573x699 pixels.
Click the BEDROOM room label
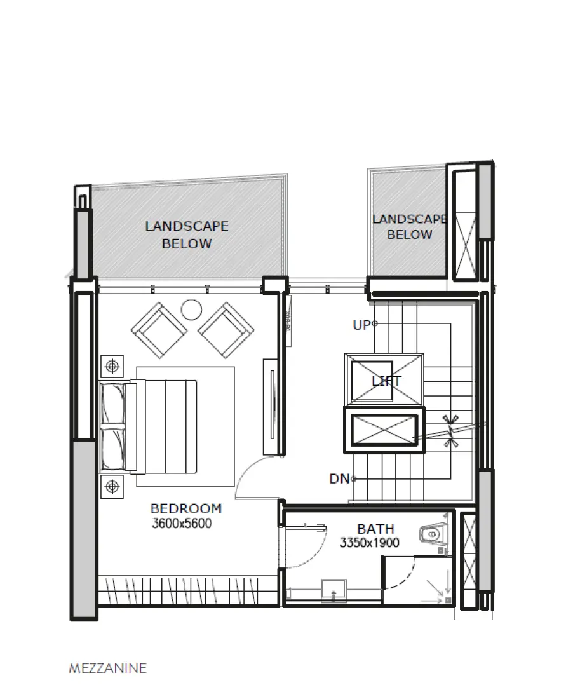[x=185, y=508]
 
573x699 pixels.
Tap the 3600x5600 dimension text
[x=182, y=524]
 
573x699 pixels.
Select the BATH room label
[x=375, y=529]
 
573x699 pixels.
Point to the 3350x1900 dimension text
[x=369, y=543]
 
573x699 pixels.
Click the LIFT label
[x=386, y=381]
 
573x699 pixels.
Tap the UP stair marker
[x=361, y=325]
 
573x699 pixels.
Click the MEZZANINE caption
[x=107, y=668]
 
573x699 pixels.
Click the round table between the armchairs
[x=191, y=309]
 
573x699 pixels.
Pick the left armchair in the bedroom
[x=159, y=330]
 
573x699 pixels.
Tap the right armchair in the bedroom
[x=226, y=330]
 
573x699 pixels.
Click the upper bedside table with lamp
[x=112, y=366]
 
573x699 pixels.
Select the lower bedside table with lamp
[x=112, y=487]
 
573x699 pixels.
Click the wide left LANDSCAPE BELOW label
[x=187, y=234]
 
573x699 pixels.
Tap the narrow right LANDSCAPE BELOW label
[x=409, y=227]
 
